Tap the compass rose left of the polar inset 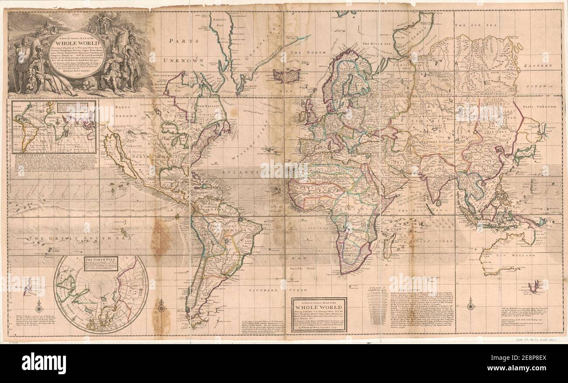39,305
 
